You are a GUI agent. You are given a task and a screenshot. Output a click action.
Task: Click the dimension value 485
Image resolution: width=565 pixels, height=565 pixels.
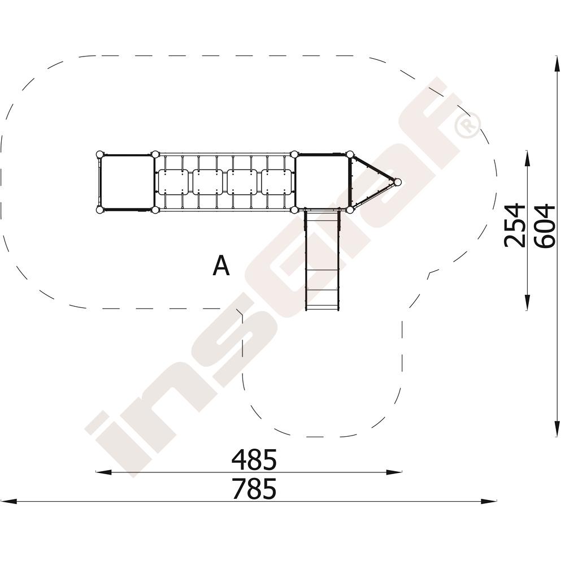[x=254, y=459]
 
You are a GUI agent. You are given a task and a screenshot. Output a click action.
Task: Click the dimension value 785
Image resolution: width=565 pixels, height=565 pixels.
[x=254, y=489]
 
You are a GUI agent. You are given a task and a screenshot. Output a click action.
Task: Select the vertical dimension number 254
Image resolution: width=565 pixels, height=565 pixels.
[x=515, y=225]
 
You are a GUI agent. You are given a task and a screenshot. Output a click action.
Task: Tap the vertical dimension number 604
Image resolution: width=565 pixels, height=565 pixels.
[x=544, y=225]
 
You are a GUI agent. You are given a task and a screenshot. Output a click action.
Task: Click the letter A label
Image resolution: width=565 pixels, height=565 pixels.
[x=221, y=265]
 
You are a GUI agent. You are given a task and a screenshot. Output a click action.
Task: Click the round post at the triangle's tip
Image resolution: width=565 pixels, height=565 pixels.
[x=397, y=182]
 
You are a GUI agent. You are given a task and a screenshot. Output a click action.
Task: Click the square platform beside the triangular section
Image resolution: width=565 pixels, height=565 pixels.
[x=322, y=181]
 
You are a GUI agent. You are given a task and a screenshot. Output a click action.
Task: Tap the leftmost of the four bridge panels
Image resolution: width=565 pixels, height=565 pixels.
[x=173, y=182]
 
